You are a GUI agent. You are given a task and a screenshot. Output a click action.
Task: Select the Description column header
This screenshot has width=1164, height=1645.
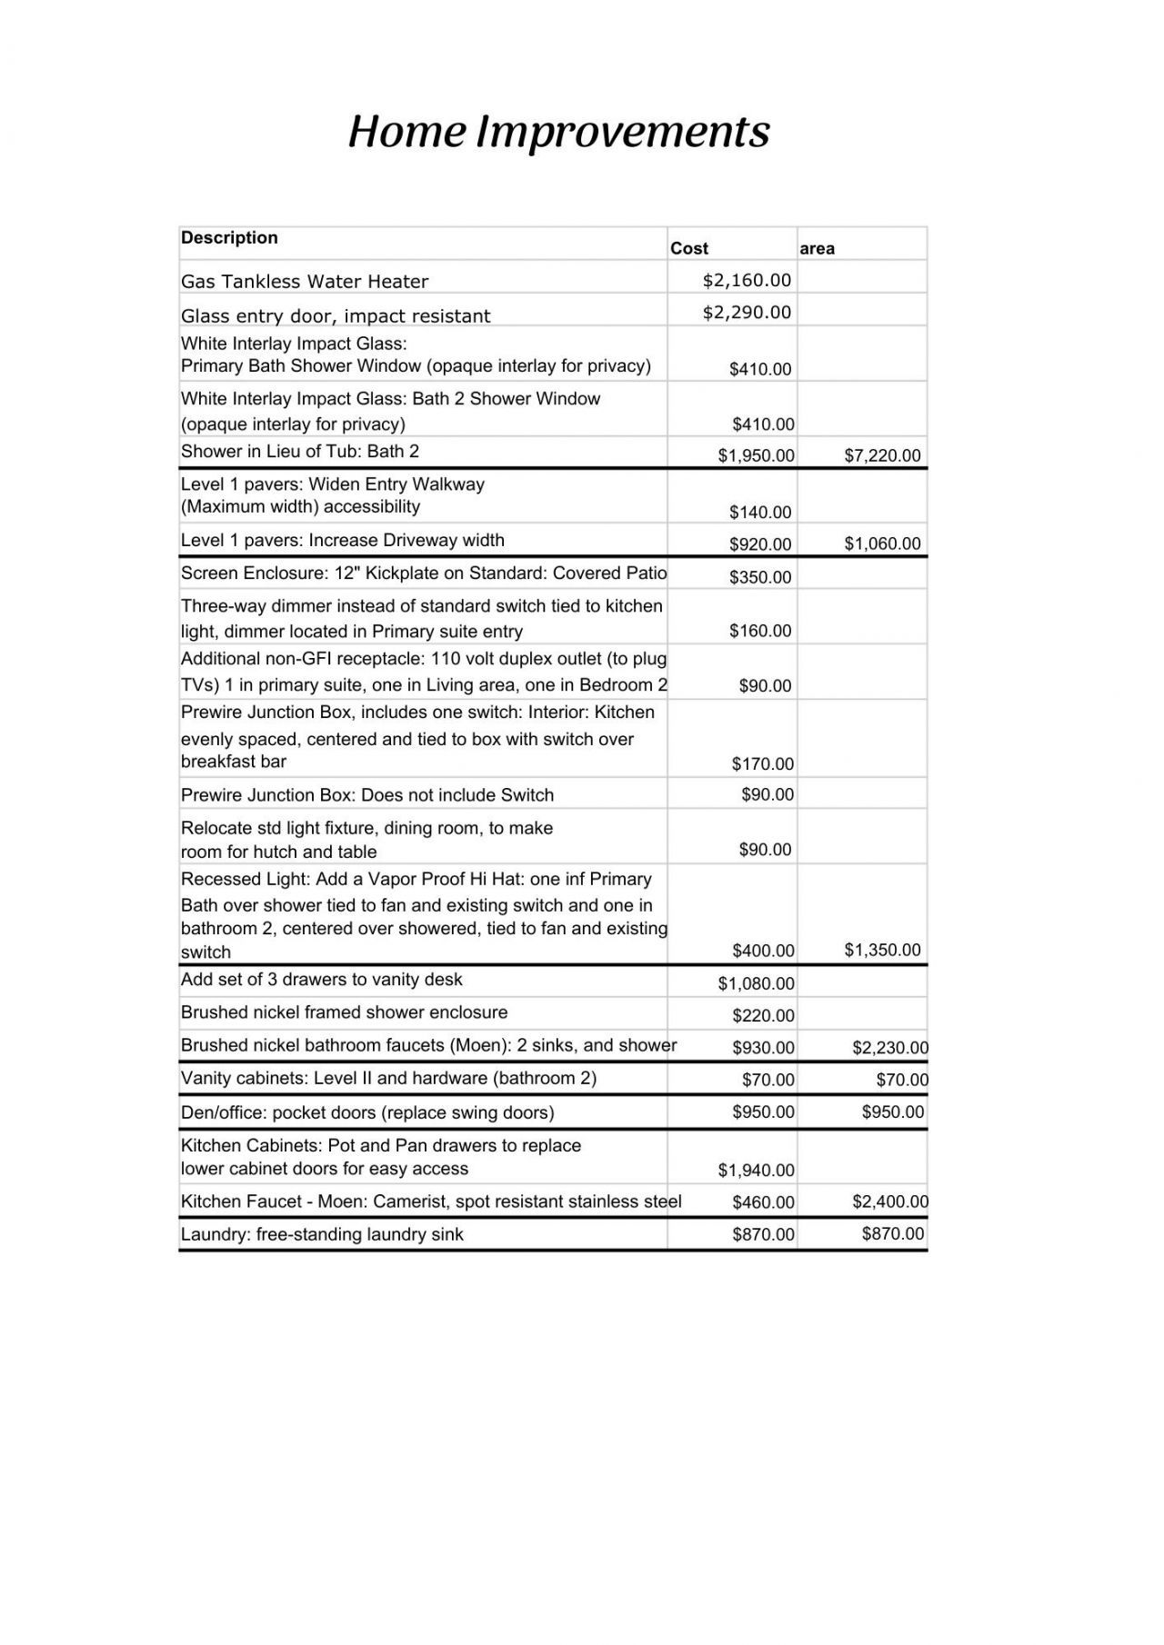click(229, 238)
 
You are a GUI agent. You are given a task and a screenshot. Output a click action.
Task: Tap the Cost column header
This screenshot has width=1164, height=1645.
click(688, 248)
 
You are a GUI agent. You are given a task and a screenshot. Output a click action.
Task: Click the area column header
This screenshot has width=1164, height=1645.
click(817, 248)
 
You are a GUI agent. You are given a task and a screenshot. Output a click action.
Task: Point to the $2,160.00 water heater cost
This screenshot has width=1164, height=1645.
click(747, 280)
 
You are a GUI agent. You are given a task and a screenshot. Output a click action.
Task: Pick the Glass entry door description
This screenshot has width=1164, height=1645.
click(335, 315)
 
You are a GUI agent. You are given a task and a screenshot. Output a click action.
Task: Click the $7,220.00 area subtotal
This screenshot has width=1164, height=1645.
click(882, 455)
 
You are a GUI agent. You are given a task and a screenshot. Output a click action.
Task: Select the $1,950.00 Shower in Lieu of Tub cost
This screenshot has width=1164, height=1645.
click(756, 455)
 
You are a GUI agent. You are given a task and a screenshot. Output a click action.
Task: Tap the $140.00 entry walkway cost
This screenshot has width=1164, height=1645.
click(760, 512)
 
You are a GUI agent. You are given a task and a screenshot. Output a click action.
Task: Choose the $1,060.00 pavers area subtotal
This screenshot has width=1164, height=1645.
click(882, 543)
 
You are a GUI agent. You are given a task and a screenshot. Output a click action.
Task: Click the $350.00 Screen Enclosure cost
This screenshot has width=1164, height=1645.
click(760, 576)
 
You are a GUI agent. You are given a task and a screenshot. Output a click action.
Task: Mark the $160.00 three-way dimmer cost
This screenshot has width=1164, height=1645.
click(760, 630)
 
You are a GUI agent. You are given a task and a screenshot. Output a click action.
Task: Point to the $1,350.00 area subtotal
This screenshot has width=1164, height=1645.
click(882, 950)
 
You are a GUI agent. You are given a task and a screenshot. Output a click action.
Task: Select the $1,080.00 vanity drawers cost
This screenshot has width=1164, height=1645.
click(756, 982)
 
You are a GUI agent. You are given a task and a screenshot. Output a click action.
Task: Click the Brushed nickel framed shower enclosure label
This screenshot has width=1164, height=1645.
click(344, 1012)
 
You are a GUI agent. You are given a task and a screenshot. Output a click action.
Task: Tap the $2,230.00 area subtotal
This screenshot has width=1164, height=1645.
click(889, 1047)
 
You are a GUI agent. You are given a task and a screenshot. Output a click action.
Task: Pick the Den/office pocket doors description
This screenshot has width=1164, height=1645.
click(367, 1112)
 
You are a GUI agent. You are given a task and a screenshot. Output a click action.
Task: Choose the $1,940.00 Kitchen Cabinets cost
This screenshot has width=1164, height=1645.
click(756, 1170)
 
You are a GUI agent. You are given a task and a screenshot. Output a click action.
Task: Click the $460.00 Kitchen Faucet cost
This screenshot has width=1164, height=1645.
click(763, 1201)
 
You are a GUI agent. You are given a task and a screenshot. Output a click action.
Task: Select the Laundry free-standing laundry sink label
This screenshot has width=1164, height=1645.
click(322, 1234)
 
